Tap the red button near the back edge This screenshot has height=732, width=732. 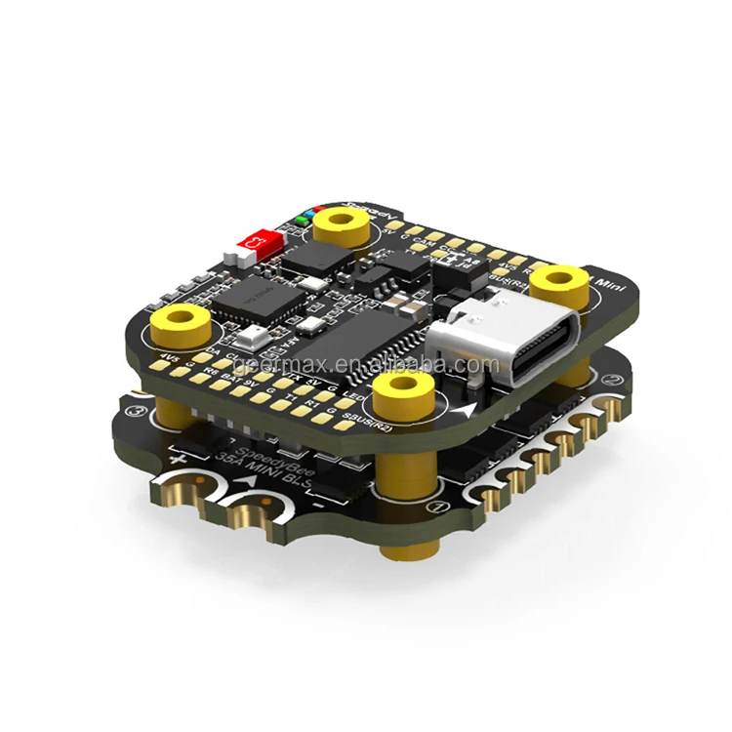click(262, 238)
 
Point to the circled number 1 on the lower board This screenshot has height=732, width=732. click(440, 507)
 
